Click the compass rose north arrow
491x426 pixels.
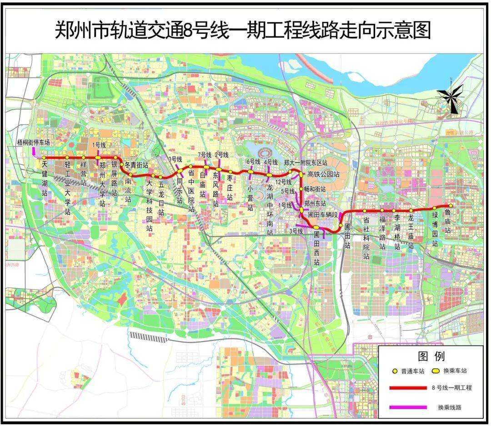click(451, 98)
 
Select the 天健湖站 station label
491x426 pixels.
click(44, 178)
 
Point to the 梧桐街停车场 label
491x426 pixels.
click(33, 142)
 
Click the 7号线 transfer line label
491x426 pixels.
click(205, 155)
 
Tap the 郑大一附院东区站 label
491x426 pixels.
click(306, 162)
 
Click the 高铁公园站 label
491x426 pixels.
click(323, 174)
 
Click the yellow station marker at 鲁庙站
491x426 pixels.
click(451, 206)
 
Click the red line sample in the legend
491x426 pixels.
click(408, 388)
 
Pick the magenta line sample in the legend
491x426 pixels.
click(408, 406)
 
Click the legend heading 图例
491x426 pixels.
click(431, 356)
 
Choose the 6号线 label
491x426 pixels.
click(253, 162)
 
